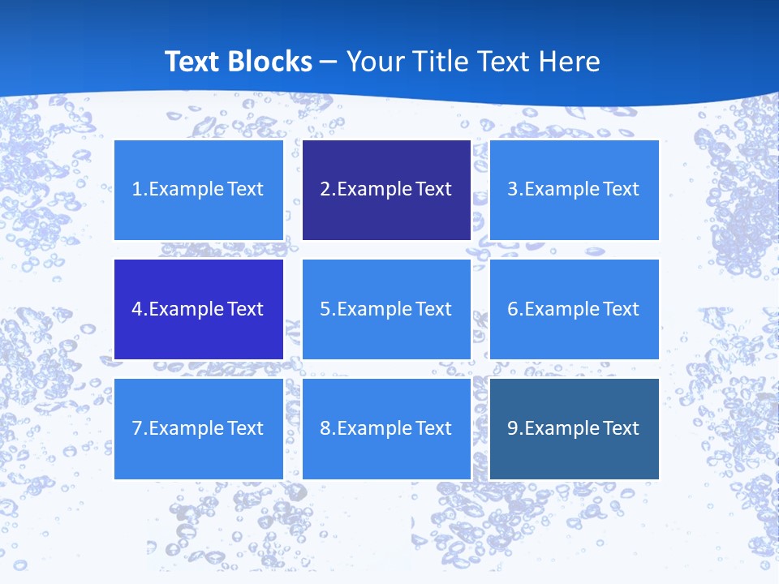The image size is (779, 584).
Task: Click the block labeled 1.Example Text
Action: (x=198, y=190)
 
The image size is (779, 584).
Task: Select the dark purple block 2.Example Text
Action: (x=386, y=190)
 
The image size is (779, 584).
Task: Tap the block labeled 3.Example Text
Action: (x=574, y=190)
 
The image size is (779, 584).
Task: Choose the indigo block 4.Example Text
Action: (x=198, y=309)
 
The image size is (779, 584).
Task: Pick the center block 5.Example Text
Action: (x=386, y=309)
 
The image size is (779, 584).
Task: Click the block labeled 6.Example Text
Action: (x=574, y=309)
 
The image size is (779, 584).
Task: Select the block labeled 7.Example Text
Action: (x=198, y=428)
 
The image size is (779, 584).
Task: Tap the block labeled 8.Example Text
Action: (x=386, y=428)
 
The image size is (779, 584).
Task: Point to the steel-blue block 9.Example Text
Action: (x=574, y=428)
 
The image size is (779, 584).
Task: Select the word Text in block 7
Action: (x=246, y=428)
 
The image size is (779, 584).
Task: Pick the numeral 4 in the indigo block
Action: (x=137, y=309)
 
